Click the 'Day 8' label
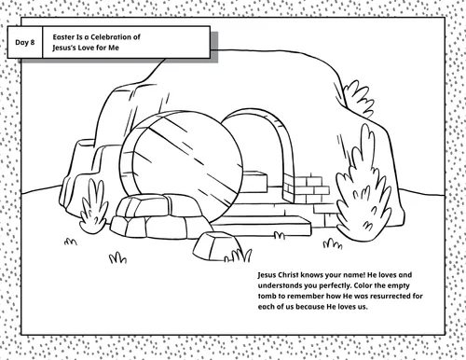pyautogui.click(x=25, y=42)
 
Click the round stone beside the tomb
pyautogui.click(x=181, y=166)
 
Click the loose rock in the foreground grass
pyautogui.click(x=216, y=246)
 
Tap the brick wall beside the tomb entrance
pyautogui.click(x=306, y=189)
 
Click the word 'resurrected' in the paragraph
pyautogui.click(x=391, y=296)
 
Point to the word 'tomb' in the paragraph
pyautogui.click(x=267, y=296)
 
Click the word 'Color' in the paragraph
pyautogui.click(x=363, y=285)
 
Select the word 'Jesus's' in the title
pyautogui.click(x=63, y=48)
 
